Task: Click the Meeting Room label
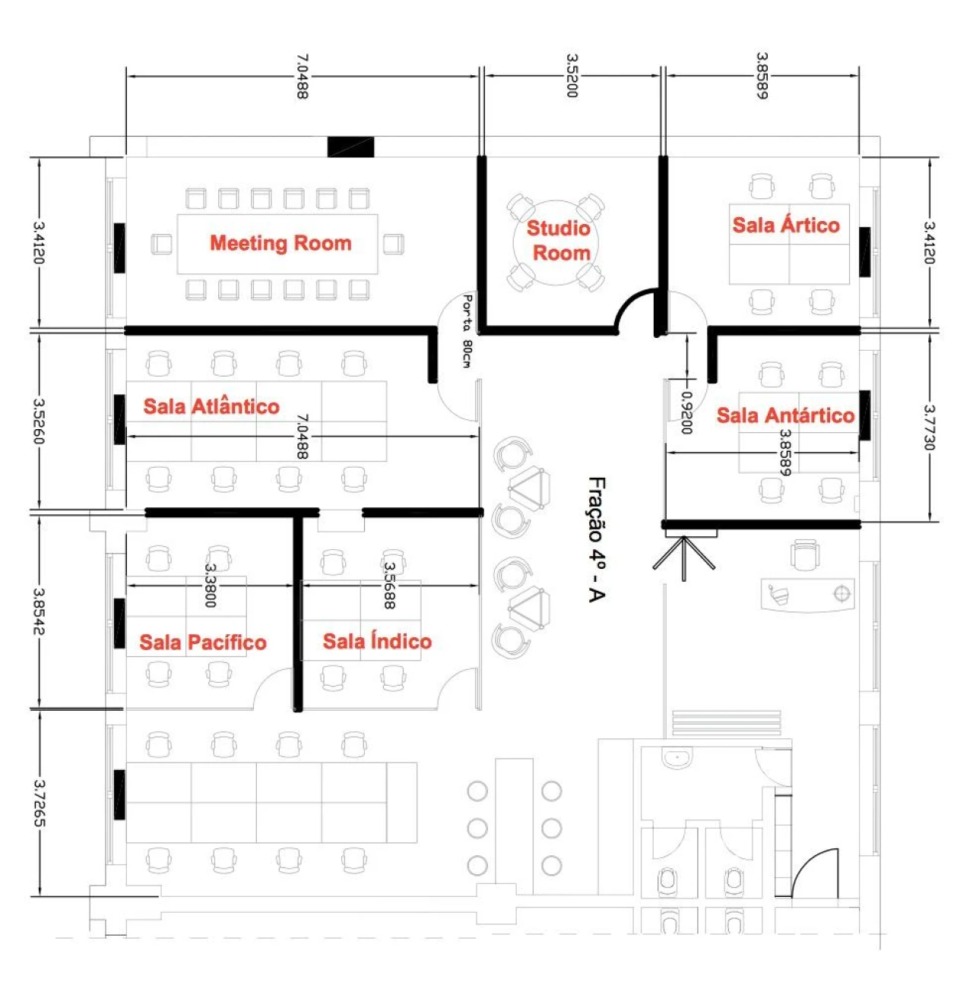tap(280, 244)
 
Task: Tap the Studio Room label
tap(559, 241)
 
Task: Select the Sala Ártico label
tap(786, 225)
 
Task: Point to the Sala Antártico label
tap(785, 415)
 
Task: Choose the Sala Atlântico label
tap(211, 406)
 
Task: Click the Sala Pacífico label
tap(203, 643)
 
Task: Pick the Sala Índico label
tap(377, 641)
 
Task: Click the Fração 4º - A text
tap(597, 539)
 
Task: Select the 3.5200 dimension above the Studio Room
tap(572, 76)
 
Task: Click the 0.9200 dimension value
tap(686, 412)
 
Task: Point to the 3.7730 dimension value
tap(929, 427)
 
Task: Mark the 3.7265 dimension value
tap(40, 803)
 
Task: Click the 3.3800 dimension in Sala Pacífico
tap(211, 586)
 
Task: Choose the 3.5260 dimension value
tap(40, 422)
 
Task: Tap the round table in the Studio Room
tap(556, 243)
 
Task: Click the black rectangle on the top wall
tap(351, 147)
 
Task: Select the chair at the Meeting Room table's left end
tap(162, 244)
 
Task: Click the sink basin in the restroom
tap(677, 758)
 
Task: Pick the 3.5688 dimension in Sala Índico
tap(390, 585)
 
